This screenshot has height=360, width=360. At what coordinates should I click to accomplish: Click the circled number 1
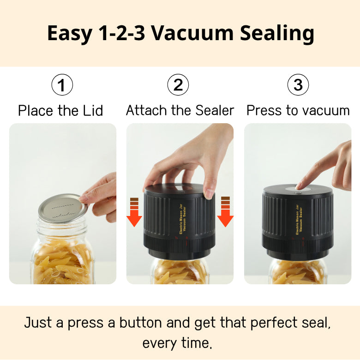(x=62, y=85)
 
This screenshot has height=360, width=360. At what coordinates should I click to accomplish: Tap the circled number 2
(x=178, y=85)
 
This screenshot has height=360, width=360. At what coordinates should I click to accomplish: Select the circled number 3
(x=298, y=85)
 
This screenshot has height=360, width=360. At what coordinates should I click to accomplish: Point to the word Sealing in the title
(x=276, y=34)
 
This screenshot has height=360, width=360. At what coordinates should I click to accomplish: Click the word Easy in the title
(x=69, y=34)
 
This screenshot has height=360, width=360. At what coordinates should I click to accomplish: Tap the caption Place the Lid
(x=60, y=111)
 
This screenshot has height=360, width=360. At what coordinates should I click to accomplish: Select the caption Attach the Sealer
(x=180, y=111)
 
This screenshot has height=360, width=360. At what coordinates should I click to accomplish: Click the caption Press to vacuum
(x=298, y=111)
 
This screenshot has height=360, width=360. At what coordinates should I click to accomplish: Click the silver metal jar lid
(x=62, y=208)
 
